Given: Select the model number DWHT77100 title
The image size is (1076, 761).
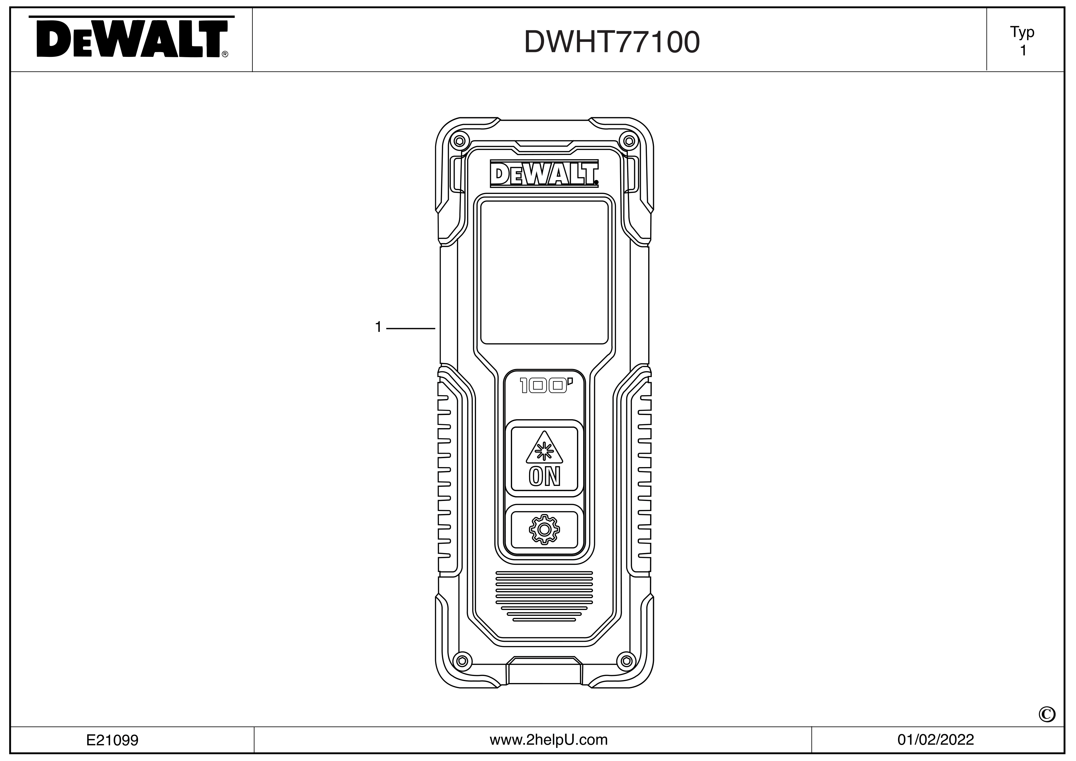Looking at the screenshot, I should coord(611,42).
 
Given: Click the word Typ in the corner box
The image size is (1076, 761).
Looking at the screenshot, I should coord(1022,32).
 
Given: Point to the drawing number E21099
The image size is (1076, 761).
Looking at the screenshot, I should coord(112,740).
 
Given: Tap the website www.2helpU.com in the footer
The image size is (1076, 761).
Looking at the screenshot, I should coord(548,740).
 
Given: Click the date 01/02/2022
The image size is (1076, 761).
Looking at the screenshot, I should coord(935,740).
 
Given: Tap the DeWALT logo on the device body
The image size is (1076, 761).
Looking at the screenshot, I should coord(544,174).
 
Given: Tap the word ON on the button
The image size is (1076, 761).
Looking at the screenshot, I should coord(544,477).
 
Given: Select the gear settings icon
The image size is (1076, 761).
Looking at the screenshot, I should coord(544,529).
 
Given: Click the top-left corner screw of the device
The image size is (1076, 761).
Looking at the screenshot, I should coord(459,141).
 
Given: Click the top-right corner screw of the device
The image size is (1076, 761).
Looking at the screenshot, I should coord(629,141).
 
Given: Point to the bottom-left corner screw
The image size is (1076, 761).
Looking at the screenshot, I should coord(462,661).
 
